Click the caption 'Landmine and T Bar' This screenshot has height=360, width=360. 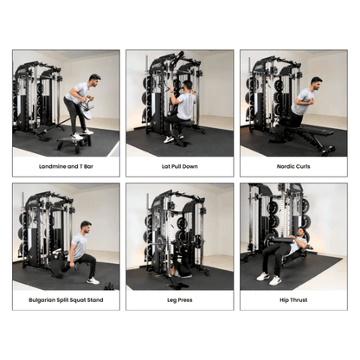pos(67,166)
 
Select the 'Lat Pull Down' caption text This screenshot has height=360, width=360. pos(179,166)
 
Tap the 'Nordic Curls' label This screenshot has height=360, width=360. pos(293,166)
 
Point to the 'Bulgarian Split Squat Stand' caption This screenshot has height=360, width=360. pos(67,299)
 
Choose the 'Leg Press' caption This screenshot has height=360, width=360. pos(179,299)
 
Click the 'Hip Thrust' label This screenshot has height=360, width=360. pos(293,299)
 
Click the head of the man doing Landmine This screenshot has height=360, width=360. pos(93,80)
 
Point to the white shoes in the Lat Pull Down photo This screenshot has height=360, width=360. pos(172,138)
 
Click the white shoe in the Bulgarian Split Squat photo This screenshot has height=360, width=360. pos(92,280)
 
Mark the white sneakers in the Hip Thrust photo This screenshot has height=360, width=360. pos(268,278)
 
